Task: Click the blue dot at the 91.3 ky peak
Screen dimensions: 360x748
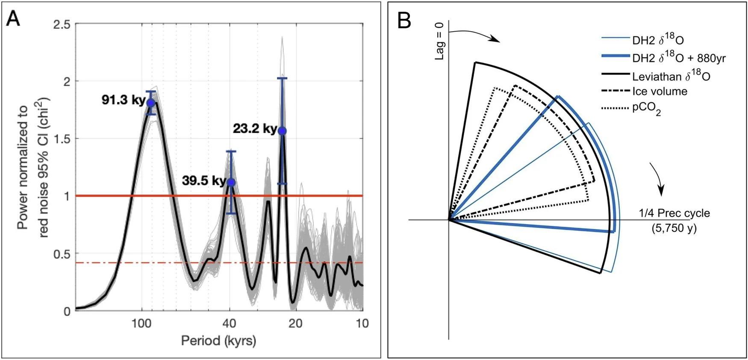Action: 150,103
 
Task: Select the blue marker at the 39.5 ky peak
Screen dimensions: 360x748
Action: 231,183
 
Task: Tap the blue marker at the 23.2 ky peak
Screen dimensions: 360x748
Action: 282,131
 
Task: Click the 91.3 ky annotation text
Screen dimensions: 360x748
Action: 123,100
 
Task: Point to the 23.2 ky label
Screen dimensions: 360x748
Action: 255,128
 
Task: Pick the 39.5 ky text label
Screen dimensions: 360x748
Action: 204,180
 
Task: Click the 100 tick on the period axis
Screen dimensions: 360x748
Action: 141,324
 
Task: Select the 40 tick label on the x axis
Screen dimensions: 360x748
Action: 230,324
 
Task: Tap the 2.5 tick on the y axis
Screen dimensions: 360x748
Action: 62,24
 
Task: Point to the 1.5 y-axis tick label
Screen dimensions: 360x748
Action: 62,139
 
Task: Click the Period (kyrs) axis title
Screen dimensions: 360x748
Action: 218,341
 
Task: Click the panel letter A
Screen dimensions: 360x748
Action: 13,19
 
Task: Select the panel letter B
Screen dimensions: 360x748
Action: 404,21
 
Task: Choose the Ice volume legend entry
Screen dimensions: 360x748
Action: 660,91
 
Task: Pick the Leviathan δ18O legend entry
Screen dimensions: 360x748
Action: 671,76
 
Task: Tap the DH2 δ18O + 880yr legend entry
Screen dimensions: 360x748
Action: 679,57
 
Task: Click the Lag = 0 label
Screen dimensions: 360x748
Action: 439,41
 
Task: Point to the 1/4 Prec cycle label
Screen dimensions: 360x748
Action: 674,213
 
